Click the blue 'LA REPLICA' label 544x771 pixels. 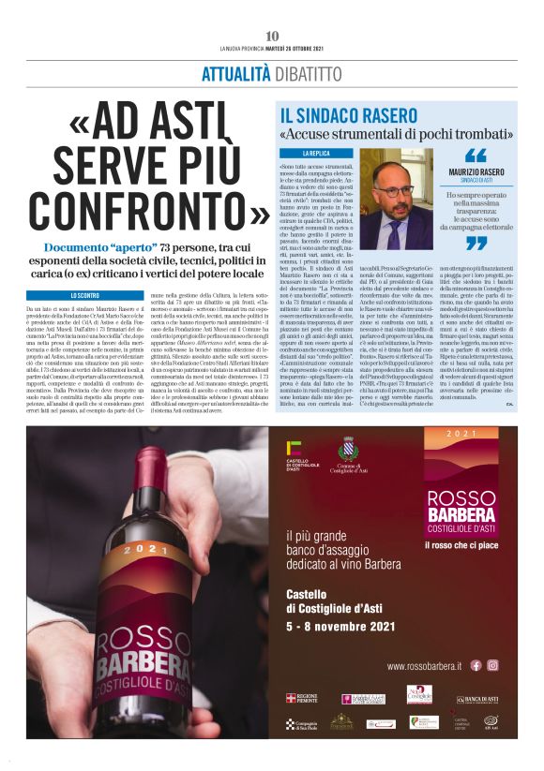(315, 152)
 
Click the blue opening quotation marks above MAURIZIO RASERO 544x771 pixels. (476, 156)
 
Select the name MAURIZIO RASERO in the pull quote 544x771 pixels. (476, 173)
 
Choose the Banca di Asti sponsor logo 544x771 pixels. (476, 700)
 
